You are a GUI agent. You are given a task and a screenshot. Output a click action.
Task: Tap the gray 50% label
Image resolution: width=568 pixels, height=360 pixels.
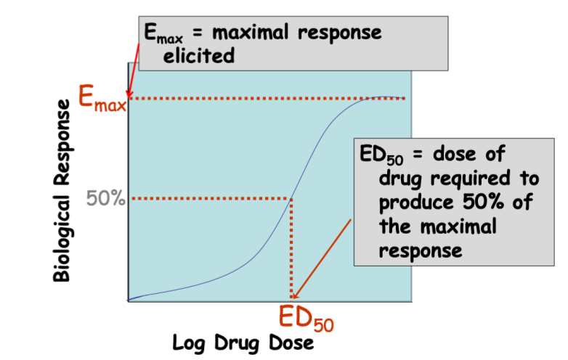coord(106,197)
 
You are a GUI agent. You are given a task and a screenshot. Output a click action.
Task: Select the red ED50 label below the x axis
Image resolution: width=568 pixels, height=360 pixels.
coord(306,317)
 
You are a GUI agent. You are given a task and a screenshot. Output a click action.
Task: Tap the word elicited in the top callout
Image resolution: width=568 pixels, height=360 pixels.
coord(199,56)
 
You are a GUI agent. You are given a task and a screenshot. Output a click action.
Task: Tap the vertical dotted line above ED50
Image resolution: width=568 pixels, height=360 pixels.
coord(292,247)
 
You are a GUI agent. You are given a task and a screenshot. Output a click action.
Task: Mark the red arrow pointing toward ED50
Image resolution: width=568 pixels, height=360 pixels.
coord(322,257)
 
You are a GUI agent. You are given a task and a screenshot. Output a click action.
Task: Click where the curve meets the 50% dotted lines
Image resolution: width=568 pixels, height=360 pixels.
coord(292,198)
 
